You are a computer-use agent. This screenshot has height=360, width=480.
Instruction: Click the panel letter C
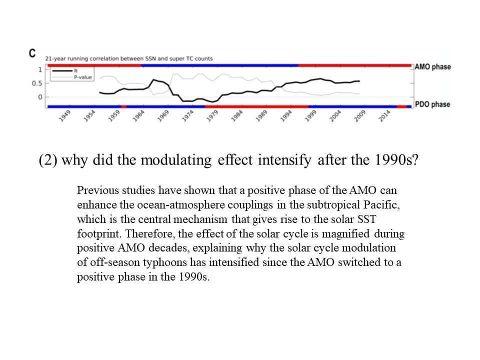[32, 52]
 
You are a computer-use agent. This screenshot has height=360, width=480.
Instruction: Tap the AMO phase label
[433, 67]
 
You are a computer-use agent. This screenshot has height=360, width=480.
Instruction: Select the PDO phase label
[432, 104]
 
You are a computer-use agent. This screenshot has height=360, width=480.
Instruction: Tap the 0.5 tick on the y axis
[36, 83]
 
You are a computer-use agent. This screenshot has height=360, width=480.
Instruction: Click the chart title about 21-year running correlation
[129, 58]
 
